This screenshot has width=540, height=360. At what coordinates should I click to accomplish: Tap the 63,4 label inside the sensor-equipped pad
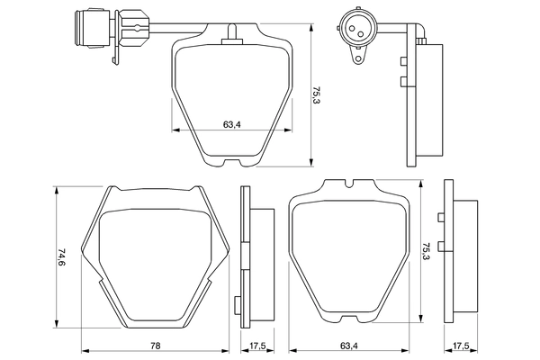[230, 124]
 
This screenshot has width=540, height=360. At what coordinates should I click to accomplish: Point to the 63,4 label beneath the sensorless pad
[350, 346]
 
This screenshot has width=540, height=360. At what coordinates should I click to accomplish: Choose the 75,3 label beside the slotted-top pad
[426, 251]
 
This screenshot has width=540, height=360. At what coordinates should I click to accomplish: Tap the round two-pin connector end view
[353, 29]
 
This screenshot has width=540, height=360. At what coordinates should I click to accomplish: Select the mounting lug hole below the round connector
[358, 58]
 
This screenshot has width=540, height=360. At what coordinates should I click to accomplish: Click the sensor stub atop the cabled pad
[233, 31]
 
